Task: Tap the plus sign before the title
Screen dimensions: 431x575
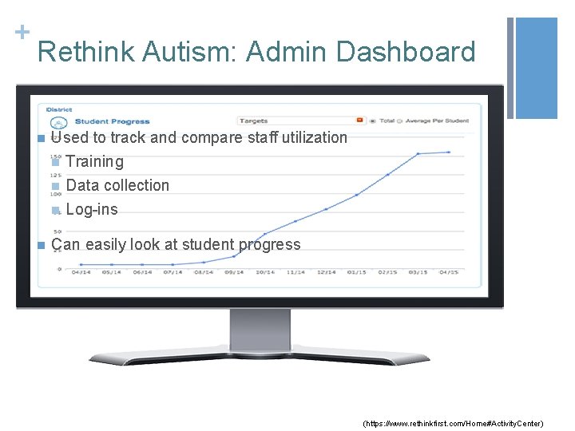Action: [x=18, y=32]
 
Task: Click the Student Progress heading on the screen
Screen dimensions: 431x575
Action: [x=112, y=121]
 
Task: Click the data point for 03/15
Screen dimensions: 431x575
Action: [x=419, y=153]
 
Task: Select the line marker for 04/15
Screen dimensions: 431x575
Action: [x=450, y=152]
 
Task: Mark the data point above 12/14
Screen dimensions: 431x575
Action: [x=327, y=209]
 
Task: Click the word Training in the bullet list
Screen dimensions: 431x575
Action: [x=95, y=161]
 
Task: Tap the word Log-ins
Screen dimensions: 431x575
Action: [x=92, y=210]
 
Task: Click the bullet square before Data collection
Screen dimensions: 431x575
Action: [x=55, y=186]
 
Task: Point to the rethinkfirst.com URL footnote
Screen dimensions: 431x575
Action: [x=453, y=422]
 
